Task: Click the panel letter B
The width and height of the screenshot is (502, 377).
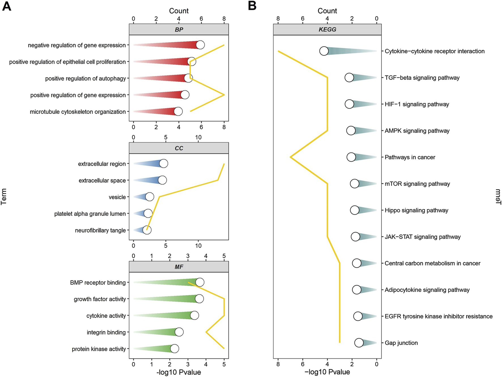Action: [252, 6]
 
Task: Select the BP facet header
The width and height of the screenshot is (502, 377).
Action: [179, 29]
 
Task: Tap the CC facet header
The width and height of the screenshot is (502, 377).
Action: [179, 148]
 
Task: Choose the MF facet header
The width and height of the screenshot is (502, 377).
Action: [179, 267]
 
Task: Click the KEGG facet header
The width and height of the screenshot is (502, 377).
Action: [327, 29]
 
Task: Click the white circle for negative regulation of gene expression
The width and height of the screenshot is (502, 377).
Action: [200, 45]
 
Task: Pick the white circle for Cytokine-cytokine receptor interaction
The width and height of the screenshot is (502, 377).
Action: [324, 51]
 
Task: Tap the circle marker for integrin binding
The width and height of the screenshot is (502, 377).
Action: [179, 332]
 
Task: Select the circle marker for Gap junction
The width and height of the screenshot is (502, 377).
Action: [359, 343]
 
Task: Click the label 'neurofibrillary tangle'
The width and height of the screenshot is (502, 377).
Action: [100, 230]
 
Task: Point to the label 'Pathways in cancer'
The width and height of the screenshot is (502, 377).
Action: [410, 157]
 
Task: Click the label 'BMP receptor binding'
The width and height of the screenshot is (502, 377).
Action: [98, 283]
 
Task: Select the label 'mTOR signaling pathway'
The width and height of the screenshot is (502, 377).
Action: [417, 184]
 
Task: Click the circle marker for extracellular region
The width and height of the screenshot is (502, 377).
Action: [163, 164]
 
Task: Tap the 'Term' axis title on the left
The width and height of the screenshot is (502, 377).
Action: [4, 196]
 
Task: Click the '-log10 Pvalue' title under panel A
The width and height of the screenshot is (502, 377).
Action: [178, 372]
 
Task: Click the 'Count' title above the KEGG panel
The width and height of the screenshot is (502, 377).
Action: [327, 11]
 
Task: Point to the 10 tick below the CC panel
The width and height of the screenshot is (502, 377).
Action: [198, 246]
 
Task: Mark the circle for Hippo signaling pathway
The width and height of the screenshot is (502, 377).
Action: [355, 210]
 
